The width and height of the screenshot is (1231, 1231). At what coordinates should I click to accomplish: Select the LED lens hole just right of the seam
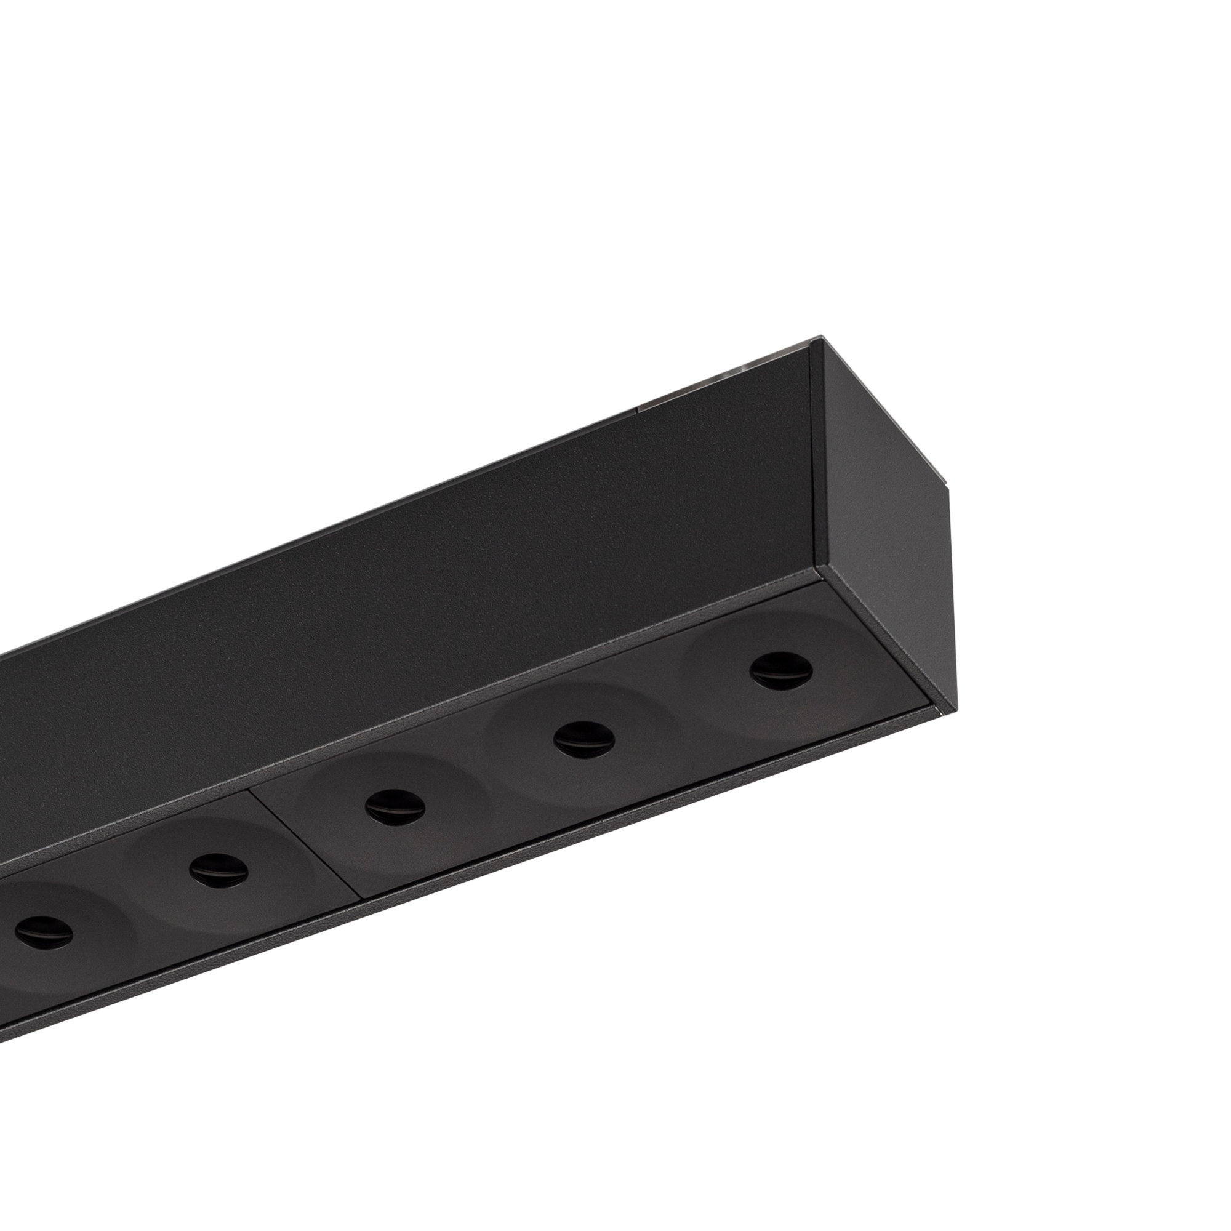click(x=396, y=808)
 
